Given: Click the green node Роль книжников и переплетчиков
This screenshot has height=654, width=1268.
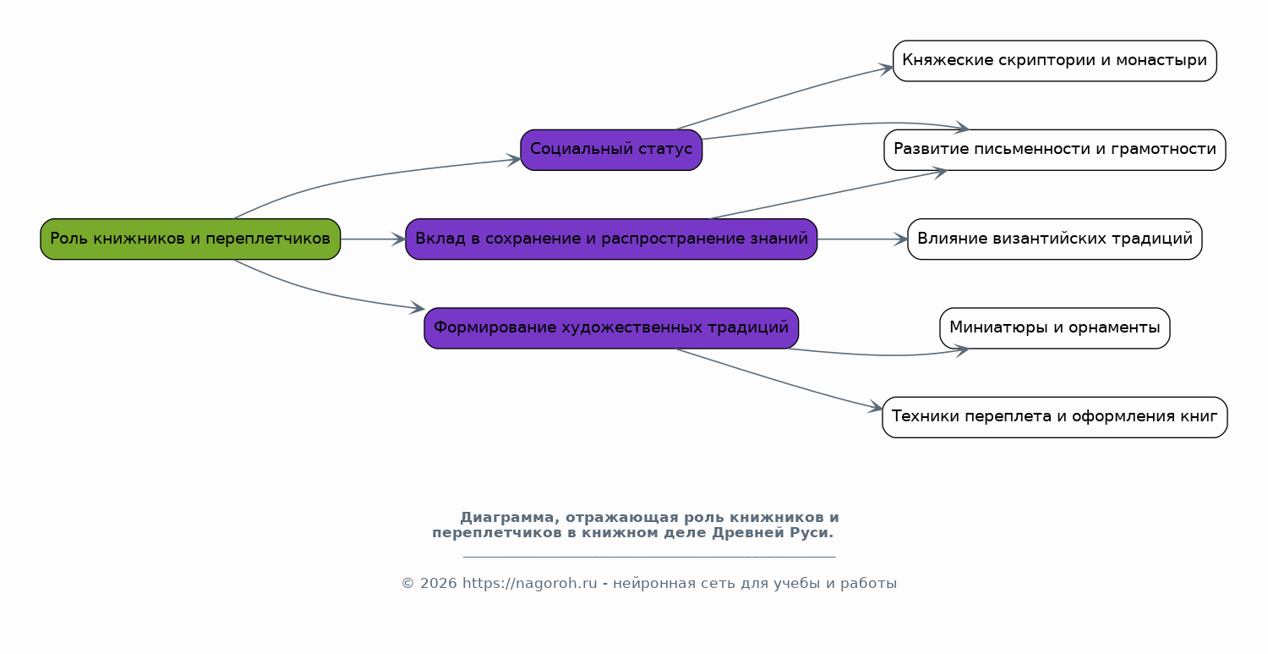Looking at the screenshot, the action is (x=190, y=239).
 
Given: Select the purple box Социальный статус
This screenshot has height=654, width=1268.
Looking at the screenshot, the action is (x=611, y=151).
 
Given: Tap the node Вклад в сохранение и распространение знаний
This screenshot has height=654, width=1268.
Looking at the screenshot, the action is (x=611, y=239).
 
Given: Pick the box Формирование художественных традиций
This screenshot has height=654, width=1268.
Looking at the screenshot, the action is (x=611, y=328).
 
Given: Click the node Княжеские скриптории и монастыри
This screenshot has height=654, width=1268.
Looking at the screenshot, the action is (x=1055, y=61).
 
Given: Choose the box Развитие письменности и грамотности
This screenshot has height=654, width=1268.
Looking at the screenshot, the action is (x=1055, y=151).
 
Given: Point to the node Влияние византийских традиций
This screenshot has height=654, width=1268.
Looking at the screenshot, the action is (x=1055, y=239).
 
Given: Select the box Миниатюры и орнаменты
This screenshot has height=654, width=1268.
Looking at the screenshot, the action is (x=1055, y=328).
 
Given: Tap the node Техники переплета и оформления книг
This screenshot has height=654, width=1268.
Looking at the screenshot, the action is (x=1055, y=417).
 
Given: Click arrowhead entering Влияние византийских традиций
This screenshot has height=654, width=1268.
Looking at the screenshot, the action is (x=901, y=239).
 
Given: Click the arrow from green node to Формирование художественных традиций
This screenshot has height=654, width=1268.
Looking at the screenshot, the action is (x=323, y=292).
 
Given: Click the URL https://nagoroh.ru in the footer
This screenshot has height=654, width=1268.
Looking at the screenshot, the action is (x=530, y=584).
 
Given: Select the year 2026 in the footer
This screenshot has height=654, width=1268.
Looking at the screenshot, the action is (x=439, y=584).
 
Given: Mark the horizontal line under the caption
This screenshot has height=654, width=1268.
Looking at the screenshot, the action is (x=649, y=557).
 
